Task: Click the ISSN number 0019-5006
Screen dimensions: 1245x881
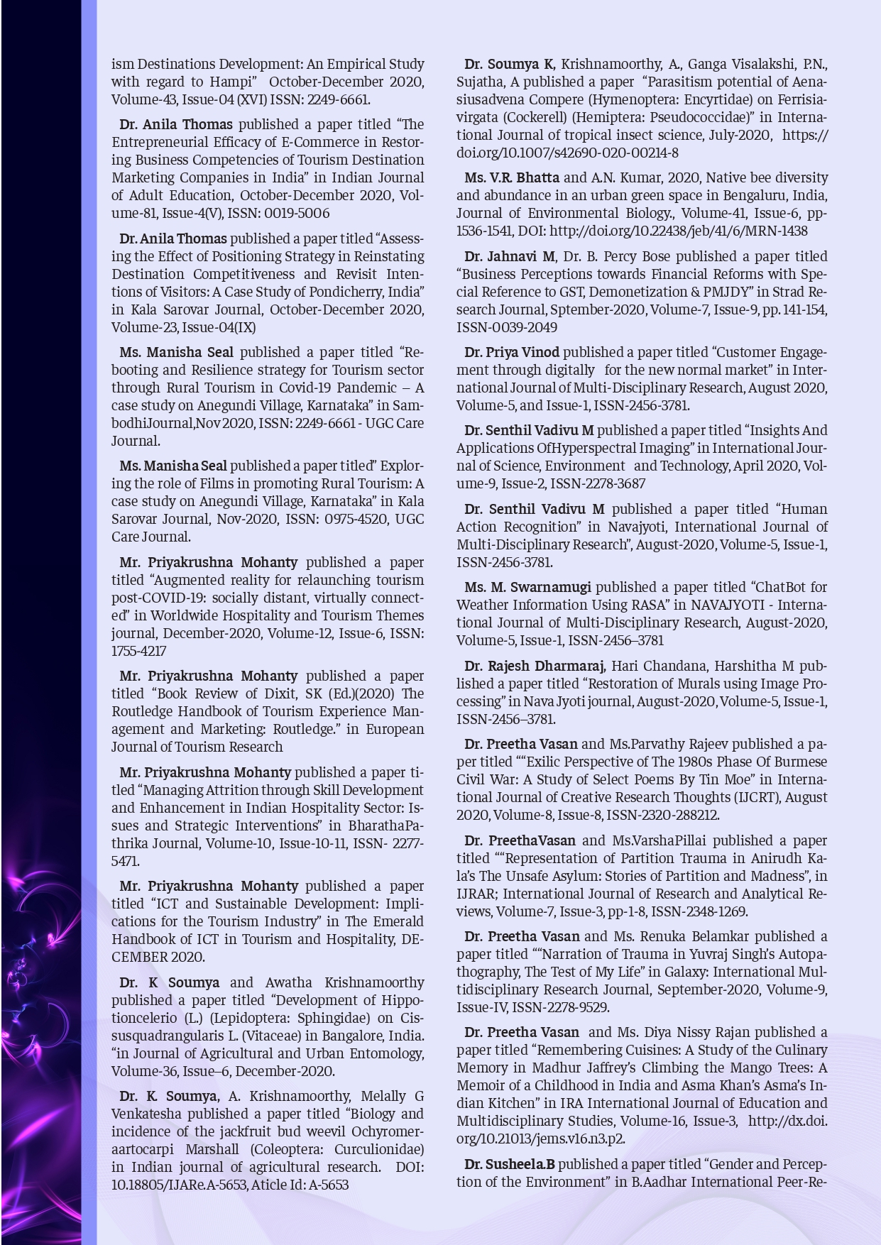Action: click(298, 214)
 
